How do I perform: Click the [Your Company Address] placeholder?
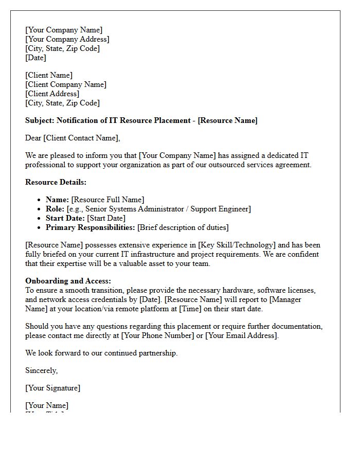click(67, 39)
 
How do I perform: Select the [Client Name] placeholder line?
click(49, 75)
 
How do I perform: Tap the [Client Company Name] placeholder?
click(66, 84)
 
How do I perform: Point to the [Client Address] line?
click(52, 94)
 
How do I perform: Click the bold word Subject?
click(40, 120)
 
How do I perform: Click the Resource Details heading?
click(56, 182)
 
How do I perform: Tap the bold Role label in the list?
click(55, 209)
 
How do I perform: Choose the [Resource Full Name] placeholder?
click(107, 200)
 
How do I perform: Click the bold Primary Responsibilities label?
click(90, 227)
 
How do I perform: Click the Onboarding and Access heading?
click(68, 281)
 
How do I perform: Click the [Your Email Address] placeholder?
click(241, 335)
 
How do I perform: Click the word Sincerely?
click(41, 370)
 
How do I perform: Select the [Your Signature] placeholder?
click(52, 388)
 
